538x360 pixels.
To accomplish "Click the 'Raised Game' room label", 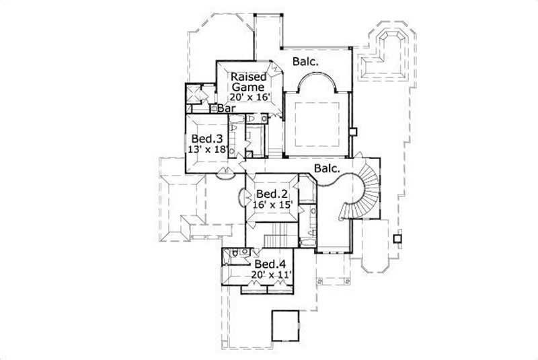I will [x=248, y=81].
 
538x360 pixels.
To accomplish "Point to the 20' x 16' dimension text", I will [x=249, y=97].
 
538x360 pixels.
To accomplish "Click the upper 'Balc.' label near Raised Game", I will [x=305, y=62].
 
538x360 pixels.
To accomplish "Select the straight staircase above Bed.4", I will [x=277, y=238].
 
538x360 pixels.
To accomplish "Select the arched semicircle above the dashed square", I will [x=317, y=83].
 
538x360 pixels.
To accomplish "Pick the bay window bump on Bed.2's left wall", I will [x=242, y=197].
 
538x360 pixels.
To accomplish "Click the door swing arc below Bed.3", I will [x=225, y=177].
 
